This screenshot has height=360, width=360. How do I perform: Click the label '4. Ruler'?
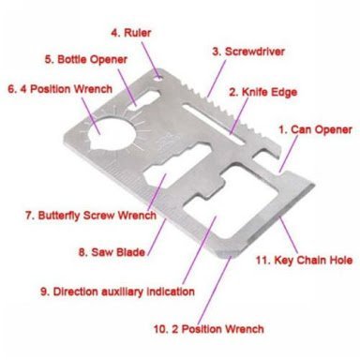131,33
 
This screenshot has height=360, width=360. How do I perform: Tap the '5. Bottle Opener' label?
86,59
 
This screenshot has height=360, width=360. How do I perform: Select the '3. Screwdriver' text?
248,52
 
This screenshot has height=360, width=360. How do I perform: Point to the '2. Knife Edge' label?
262,92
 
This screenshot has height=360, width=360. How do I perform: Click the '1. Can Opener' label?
315,129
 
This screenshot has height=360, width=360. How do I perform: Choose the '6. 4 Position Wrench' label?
60,89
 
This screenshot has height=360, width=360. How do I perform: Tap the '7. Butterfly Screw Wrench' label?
91,216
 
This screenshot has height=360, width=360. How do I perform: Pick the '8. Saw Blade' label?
112,252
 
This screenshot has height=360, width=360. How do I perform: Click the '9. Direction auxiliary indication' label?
117,292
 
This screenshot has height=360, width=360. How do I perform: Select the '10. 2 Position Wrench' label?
209,329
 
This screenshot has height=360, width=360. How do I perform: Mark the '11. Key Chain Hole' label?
304,260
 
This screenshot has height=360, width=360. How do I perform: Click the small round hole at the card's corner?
158,78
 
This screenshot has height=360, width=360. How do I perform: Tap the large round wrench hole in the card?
112,134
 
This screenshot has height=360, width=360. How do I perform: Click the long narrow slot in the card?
214,125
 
